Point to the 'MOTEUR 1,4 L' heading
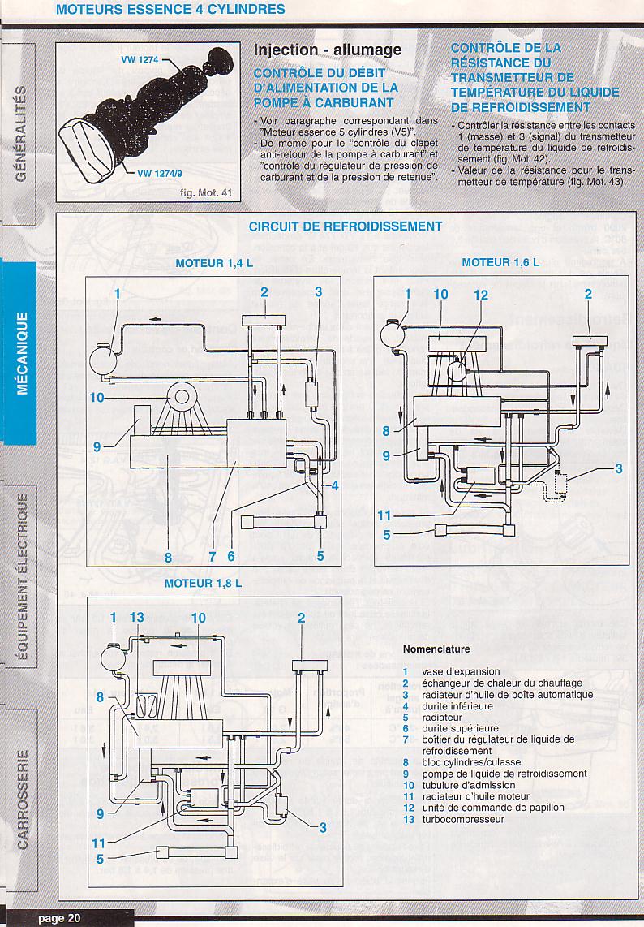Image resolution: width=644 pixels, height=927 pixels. coord(214,264)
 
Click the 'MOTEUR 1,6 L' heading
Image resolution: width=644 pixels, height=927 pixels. coord(500,262)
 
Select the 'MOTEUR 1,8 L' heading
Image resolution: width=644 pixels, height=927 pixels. coord(203,583)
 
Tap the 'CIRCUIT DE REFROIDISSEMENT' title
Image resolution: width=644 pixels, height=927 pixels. coord(346,226)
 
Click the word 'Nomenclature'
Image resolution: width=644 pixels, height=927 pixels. coord(436,649)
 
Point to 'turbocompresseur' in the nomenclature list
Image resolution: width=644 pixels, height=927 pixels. coord(462,819)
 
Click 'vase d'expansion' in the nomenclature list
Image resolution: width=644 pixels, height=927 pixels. coord(457,671)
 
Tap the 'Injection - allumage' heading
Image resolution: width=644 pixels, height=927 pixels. coord(328,50)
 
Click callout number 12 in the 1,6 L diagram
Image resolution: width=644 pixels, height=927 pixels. coord(481,295)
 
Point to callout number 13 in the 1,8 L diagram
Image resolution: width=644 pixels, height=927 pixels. coord(136,618)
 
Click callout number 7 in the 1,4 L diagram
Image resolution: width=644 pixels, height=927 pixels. coord(212,557)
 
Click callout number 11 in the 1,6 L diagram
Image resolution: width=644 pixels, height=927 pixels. coord(384,515)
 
